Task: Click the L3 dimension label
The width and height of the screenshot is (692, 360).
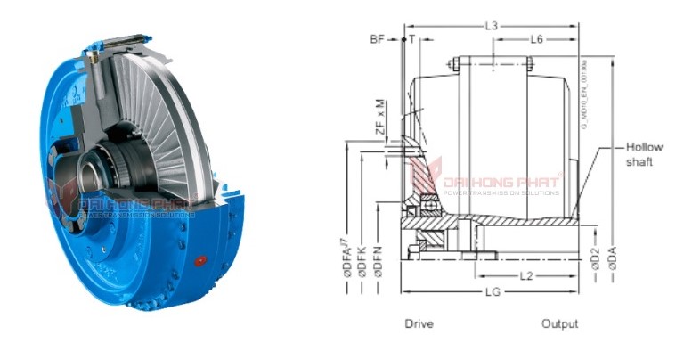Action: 491,26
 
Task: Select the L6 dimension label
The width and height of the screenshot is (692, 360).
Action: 537,39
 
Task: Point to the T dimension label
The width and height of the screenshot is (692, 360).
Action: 412,40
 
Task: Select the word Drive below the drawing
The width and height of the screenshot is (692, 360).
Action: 419,323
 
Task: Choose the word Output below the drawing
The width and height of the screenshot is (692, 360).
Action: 559,323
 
